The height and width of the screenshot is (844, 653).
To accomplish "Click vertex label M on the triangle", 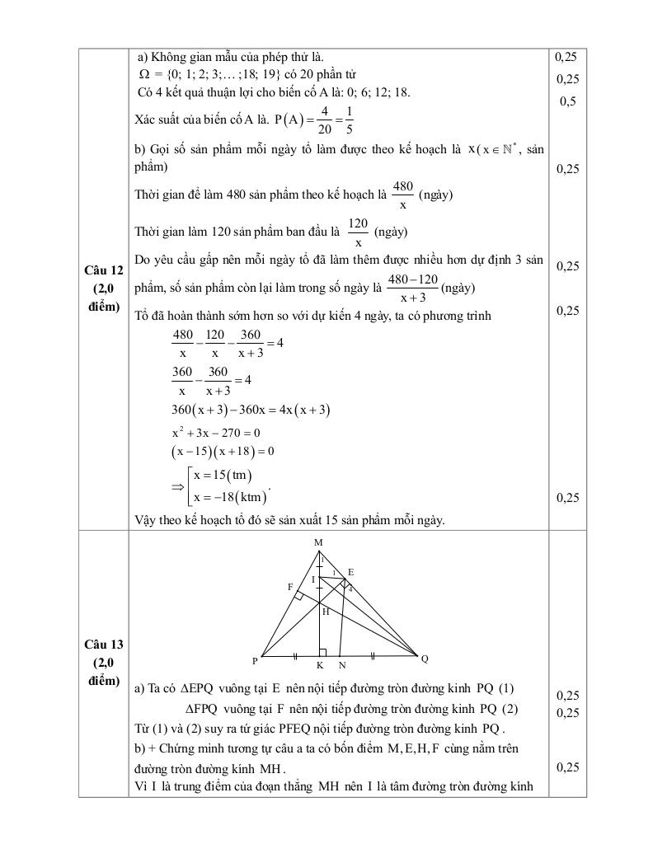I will coord(318,542).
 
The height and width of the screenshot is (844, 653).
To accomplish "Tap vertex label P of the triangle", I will coord(256,660).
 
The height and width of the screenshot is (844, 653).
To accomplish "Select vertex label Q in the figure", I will coord(425,659).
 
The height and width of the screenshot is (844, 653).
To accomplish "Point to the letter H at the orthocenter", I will coord(326,612).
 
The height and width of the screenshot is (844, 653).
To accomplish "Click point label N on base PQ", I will coord(342,665).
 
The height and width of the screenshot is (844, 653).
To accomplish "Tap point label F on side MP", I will coord(290,587).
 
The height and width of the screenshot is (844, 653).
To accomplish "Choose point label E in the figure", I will coord(350,571).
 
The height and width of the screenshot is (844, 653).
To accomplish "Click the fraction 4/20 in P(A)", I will coord(325,120).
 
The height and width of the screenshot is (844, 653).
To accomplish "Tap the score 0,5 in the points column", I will coord(567,101).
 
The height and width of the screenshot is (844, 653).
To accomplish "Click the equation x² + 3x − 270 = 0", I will coord(215,433).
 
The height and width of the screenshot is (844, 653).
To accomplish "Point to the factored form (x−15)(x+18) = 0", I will coord(222,452).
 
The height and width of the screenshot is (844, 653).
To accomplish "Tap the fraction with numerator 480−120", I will coord(412,288).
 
